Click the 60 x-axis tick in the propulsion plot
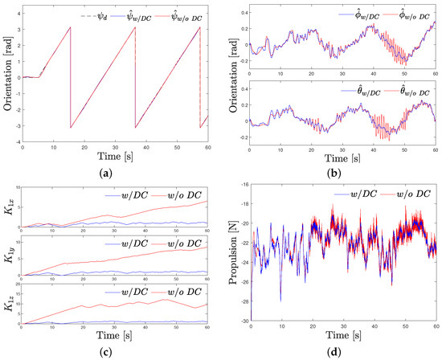click(434, 325)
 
